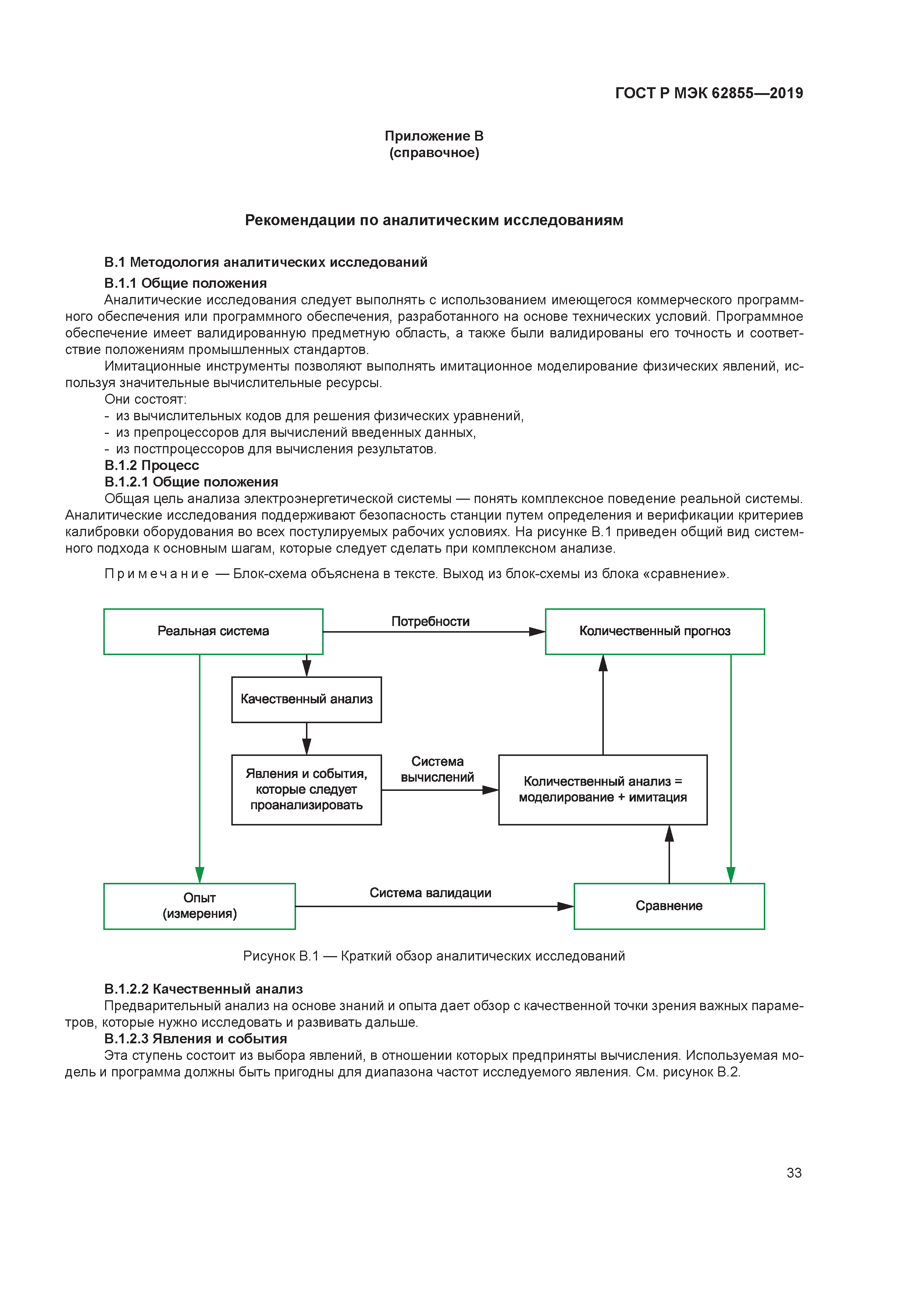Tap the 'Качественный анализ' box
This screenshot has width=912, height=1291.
point(306,700)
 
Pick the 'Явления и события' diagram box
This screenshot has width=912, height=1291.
point(306,789)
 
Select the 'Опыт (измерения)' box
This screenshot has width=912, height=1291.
point(199,906)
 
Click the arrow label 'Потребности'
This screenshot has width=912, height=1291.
point(430,621)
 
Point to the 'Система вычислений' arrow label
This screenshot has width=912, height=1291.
point(437,769)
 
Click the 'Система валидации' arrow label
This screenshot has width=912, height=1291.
point(430,893)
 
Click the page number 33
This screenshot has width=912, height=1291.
point(794,1173)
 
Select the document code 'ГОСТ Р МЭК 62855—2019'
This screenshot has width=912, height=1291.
point(709,93)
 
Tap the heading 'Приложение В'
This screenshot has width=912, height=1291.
point(434,136)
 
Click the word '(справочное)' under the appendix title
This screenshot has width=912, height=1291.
point(434,153)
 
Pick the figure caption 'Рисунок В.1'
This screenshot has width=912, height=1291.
point(281,956)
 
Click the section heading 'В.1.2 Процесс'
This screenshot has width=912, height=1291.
point(152,466)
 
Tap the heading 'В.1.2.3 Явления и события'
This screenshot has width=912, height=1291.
point(196,1039)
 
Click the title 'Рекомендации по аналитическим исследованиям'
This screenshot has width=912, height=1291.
point(434,220)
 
